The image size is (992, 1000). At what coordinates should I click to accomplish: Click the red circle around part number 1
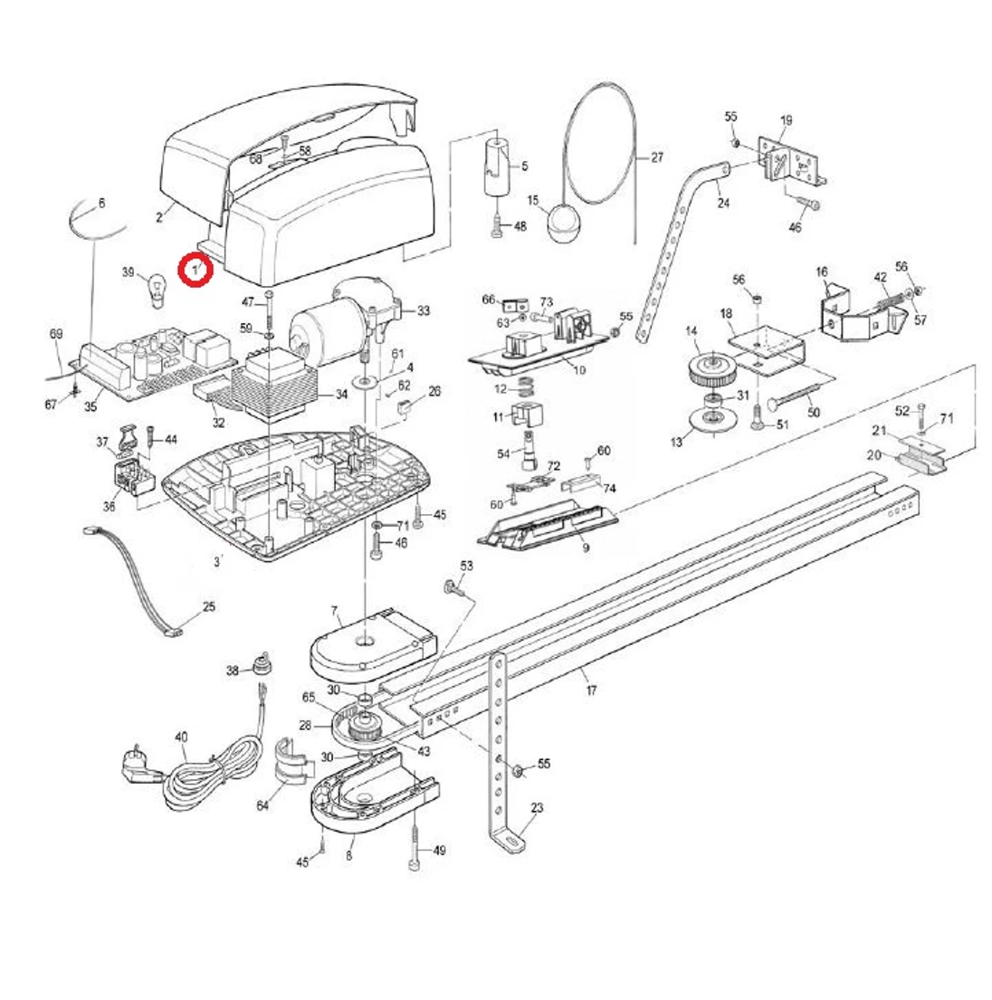195,269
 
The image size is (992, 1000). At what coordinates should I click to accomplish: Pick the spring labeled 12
527,390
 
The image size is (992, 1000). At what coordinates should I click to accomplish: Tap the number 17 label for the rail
591,690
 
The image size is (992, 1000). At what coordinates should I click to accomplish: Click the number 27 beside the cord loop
657,157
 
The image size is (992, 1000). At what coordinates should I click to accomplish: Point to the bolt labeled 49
415,851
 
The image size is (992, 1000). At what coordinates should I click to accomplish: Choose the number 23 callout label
537,808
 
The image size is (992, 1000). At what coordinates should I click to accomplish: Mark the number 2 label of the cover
159,216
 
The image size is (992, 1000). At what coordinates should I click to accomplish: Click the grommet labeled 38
263,666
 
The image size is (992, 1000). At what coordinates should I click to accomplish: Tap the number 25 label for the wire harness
209,606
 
